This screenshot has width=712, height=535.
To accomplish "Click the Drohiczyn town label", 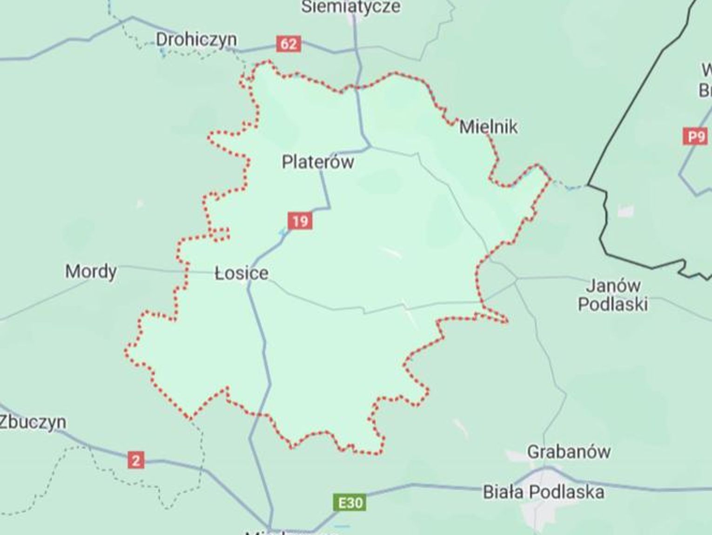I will point(196,40).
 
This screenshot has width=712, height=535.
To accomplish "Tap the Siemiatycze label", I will point(350,7).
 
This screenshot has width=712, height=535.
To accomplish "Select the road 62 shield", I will point(289,44).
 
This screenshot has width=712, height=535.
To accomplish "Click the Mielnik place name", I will point(488,127).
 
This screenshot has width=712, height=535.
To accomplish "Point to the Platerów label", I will point(318,162).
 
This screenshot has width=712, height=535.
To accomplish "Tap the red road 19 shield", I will point(300,220).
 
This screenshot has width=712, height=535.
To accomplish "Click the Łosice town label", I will point(242,273).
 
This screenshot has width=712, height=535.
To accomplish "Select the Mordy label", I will point(91,271).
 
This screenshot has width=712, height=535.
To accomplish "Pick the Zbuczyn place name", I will point(33,422).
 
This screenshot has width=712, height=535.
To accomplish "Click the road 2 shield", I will point(136,460).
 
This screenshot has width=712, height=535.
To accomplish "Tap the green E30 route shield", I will point(350,503).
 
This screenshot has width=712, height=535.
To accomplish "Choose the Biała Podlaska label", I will point(543,492).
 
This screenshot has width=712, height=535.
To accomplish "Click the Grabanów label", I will point(569,451).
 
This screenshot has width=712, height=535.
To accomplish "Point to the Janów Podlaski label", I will point(613,295).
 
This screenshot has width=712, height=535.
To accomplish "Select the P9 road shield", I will point(695,137).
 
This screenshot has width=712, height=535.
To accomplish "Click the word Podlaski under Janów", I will point(613,304).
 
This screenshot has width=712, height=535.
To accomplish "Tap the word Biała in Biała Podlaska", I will point(504,492).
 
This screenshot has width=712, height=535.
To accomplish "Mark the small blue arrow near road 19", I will point(282,232).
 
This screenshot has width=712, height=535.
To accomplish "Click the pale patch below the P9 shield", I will point(626,211).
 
